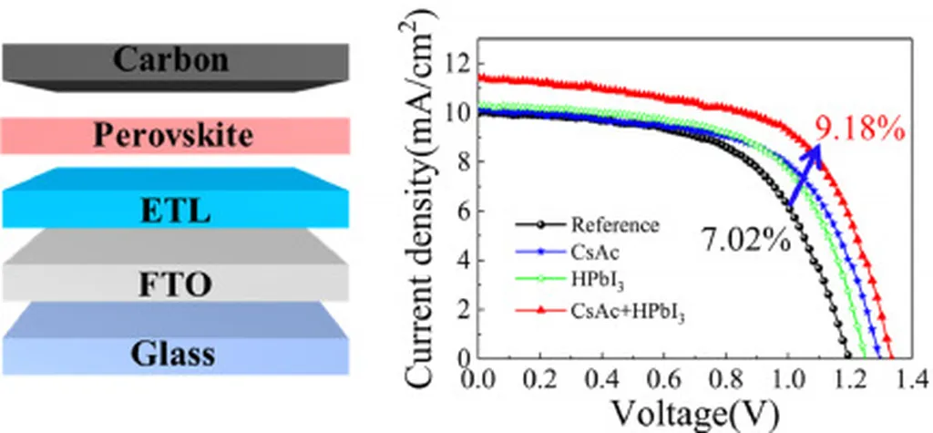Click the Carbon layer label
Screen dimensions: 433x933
coord(172,59)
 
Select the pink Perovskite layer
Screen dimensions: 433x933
coord(173,136)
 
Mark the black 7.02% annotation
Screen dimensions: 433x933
coord(745,241)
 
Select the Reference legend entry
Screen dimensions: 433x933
coord(614,224)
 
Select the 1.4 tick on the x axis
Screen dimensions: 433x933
coord(907,378)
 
